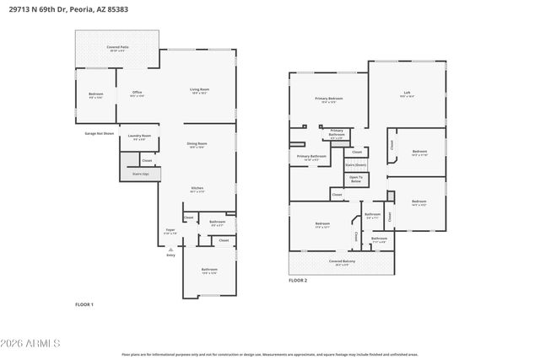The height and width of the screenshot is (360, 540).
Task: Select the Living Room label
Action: click(x=199, y=91)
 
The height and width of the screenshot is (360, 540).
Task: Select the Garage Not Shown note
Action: click(x=99, y=133)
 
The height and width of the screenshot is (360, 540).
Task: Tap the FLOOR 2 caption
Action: click(x=298, y=280)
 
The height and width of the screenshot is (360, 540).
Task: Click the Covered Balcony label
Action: click(x=341, y=263)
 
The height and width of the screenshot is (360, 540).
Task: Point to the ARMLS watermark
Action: click(x=31, y=344)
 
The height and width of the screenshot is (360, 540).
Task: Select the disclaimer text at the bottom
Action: click(x=270, y=354)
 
